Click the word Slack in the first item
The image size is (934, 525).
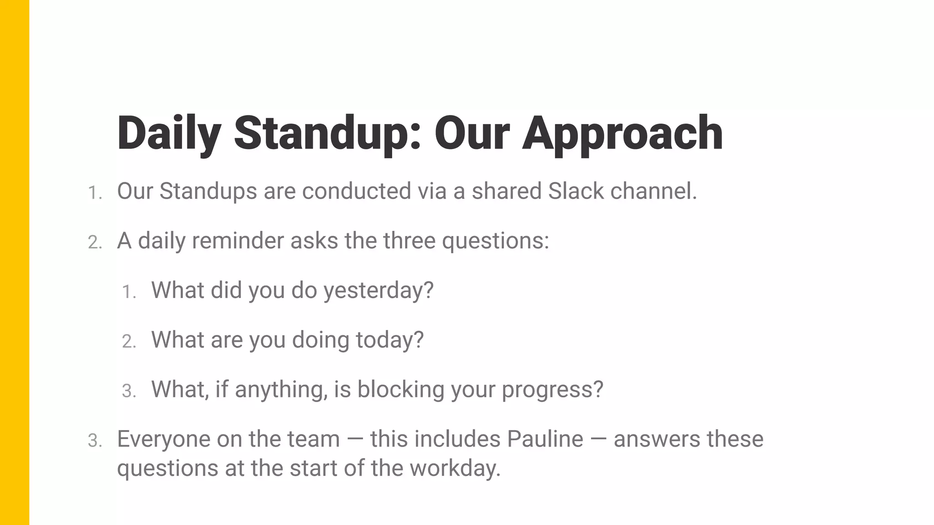[576, 191]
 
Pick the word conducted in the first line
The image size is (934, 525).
[356, 191]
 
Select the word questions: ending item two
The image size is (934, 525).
[495, 241]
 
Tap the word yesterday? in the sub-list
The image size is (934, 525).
[378, 290]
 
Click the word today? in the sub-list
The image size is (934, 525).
[389, 340]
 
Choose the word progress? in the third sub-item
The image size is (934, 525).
[552, 390]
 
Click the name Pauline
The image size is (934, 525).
[545, 439]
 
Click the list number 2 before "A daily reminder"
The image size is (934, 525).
[94, 242]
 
